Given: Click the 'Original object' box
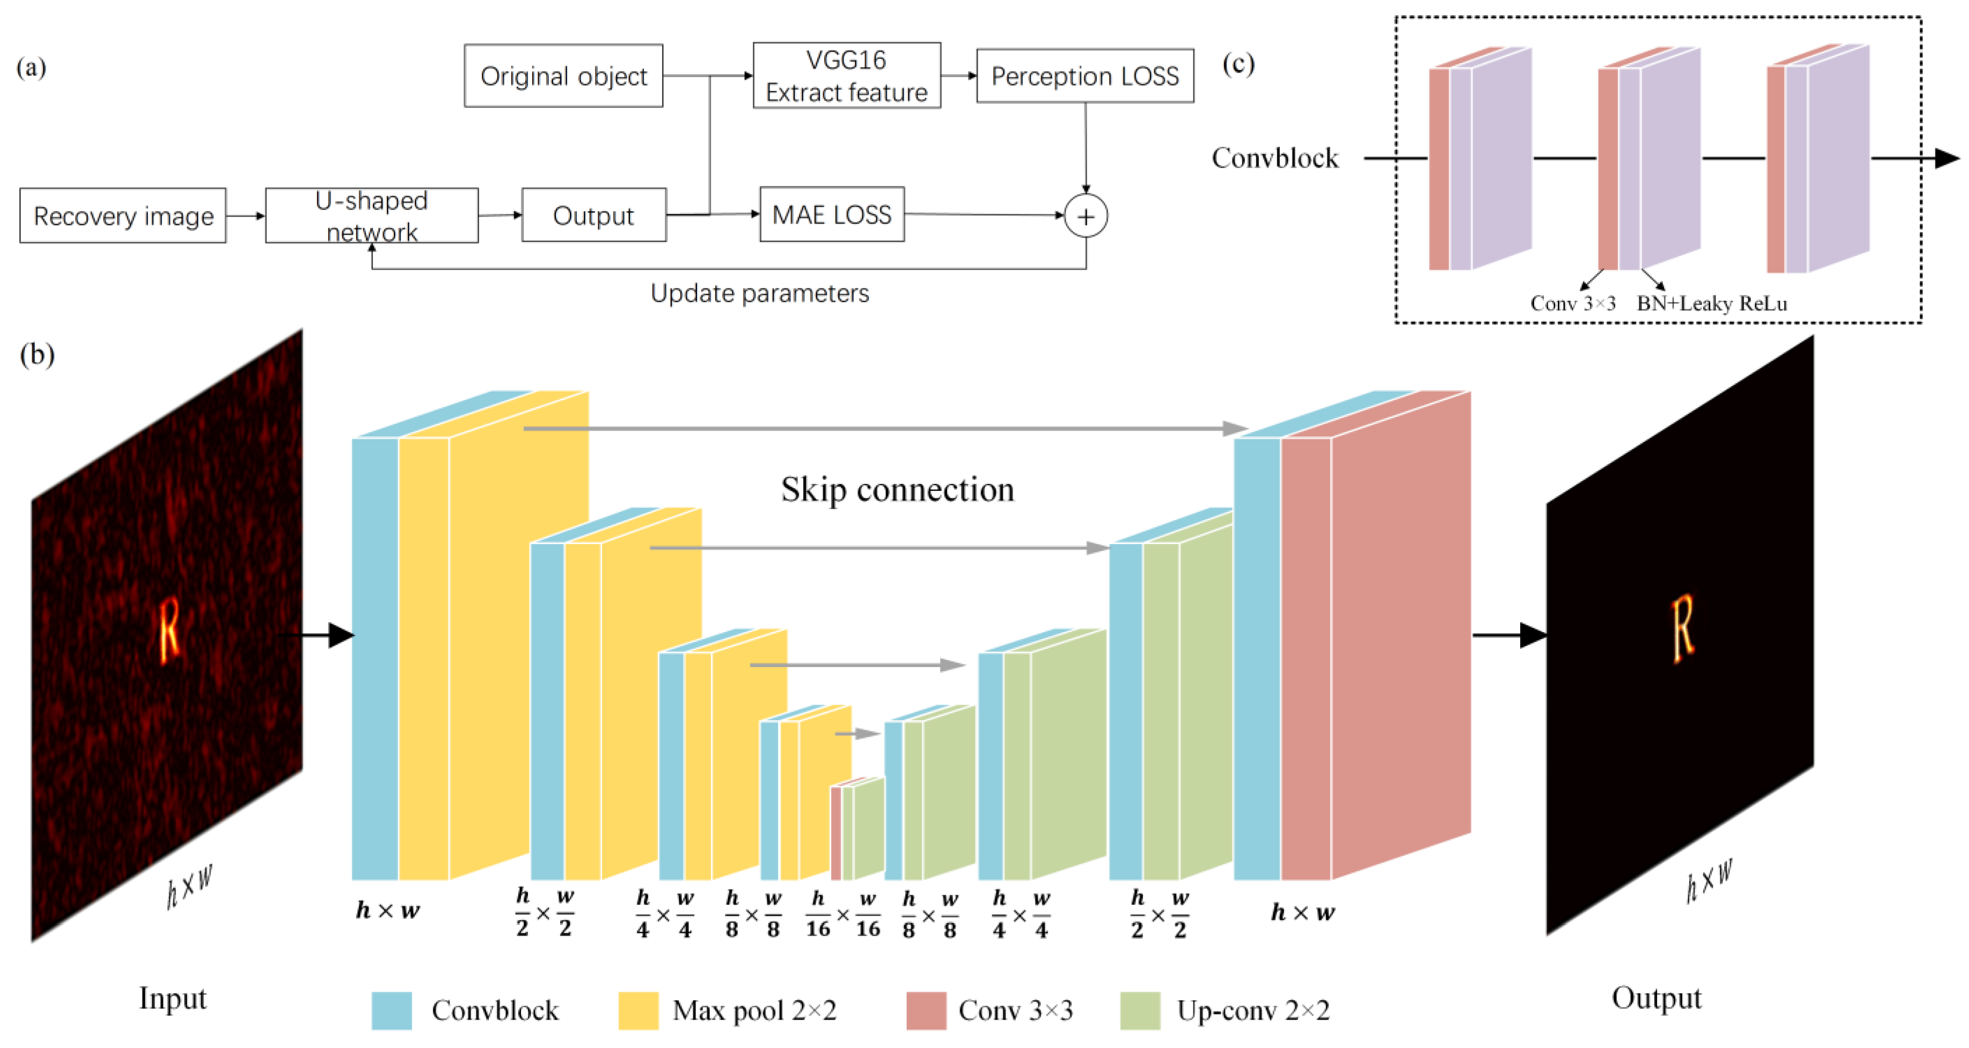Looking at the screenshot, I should tap(563, 75).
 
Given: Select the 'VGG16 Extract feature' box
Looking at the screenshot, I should tap(846, 75).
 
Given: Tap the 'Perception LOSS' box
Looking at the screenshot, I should tap(1085, 75).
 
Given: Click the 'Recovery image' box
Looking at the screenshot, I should tap(123, 216).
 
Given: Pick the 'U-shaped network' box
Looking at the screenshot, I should tap(372, 216).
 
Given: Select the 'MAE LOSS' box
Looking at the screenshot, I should tap(832, 215).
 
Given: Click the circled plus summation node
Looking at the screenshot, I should tap(1085, 216).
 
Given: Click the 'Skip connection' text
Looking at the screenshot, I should tap(897, 489).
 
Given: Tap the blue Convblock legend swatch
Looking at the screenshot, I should tap(392, 1011).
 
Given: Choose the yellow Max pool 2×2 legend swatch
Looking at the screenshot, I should tap(638, 1011).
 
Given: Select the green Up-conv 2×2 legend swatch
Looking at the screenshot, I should tap(1140, 1011).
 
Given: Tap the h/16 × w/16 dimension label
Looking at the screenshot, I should tap(842, 914).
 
